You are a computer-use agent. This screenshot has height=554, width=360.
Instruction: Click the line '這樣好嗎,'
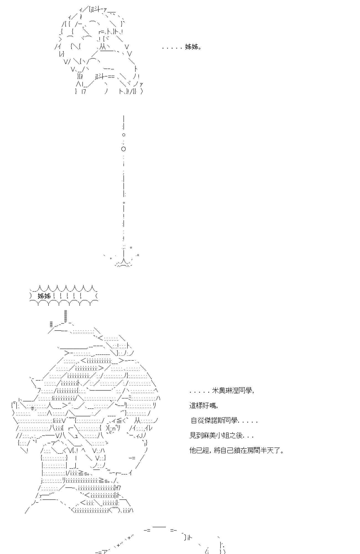point(204,406)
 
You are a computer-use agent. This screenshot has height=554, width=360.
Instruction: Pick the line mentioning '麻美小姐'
point(222,436)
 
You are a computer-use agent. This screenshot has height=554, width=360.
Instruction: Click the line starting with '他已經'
point(237,451)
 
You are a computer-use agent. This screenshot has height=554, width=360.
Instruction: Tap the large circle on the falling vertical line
point(124,149)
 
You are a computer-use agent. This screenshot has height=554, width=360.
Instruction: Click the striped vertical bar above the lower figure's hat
point(66,316)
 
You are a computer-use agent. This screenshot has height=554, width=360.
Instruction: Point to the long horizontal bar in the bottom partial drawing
point(159,527)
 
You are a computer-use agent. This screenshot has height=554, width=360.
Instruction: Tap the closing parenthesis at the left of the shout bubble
point(31,296)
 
